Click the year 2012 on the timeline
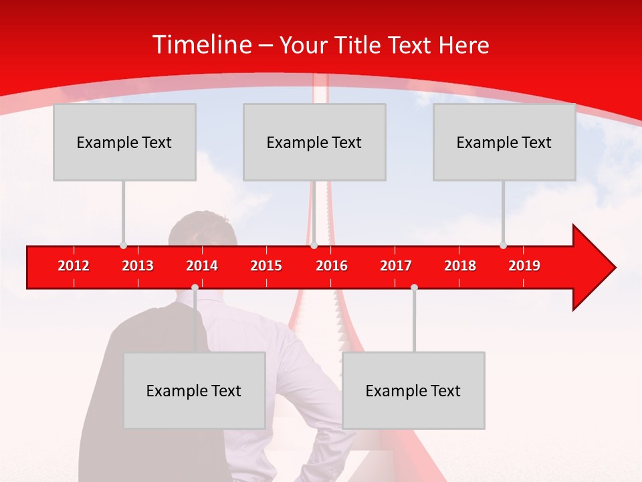[x=74, y=266]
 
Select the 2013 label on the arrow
[x=138, y=266]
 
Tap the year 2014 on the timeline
[x=202, y=266]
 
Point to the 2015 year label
[x=266, y=266]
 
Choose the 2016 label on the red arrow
[x=332, y=266]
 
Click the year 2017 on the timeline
[x=396, y=266]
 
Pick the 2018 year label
[x=460, y=266]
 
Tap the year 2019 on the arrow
[x=524, y=266]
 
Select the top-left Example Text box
[x=124, y=142]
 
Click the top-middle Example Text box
[x=314, y=142]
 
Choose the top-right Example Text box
[x=504, y=142]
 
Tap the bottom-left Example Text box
[x=194, y=390]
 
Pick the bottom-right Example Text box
[x=413, y=390]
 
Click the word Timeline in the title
[x=201, y=45]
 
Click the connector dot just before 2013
[x=123, y=245]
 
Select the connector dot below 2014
[x=195, y=287]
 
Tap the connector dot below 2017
[x=414, y=287]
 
